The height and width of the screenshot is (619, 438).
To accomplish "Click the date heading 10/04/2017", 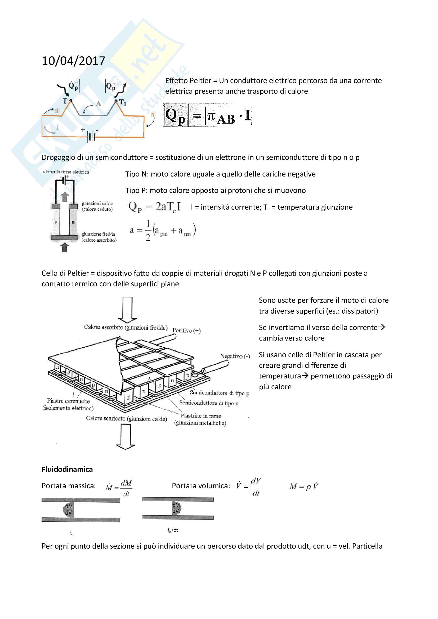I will click(73, 61).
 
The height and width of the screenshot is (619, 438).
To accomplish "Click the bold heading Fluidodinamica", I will click(67, 469).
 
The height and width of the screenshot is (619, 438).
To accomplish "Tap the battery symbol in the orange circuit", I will click(91, 136).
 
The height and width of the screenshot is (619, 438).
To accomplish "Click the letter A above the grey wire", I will click(99, 104).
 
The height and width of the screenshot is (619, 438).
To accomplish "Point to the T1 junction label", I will click(122, 102).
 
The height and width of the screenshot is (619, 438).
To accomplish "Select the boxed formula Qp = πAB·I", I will click(207, 115).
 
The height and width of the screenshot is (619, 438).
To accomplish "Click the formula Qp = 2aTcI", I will click(154, 207).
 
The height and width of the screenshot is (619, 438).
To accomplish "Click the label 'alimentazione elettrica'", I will click(66, 172).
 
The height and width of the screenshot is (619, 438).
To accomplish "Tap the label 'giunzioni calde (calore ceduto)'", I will click(97, 206).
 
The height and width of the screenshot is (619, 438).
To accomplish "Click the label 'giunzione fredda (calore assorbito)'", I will click(99, 237).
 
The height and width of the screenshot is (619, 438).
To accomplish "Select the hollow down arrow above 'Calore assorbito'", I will click(127, 310).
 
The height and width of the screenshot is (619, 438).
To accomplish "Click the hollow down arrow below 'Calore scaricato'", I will click(126, 436).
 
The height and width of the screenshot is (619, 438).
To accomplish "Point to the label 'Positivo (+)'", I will click(186, 330).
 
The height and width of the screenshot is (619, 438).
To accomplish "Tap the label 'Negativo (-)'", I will click(235, 356).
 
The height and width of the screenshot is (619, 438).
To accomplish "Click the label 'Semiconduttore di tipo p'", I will click(219, 393).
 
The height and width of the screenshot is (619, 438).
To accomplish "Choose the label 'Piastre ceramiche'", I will click(68, 401).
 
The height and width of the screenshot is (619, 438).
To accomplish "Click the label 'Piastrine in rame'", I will click(201, 416).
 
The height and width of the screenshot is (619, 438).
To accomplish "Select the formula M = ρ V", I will click(304, 486).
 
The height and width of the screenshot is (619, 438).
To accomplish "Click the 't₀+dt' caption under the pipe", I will click(173, 530).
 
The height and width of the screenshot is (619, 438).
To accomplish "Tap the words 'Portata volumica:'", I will click(201, 486).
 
